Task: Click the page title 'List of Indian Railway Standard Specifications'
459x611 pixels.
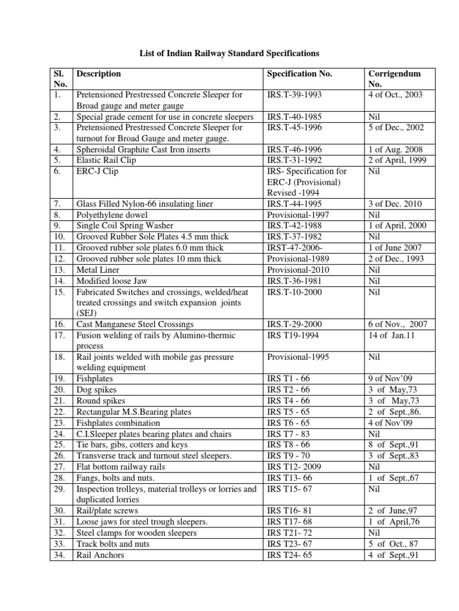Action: pyautogui.click(x=230, y=54)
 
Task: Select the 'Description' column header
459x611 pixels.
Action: pyautogui.click(x=99, y=74)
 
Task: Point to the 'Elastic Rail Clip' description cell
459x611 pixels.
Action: pyautogui.click(x=106, y=160)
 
